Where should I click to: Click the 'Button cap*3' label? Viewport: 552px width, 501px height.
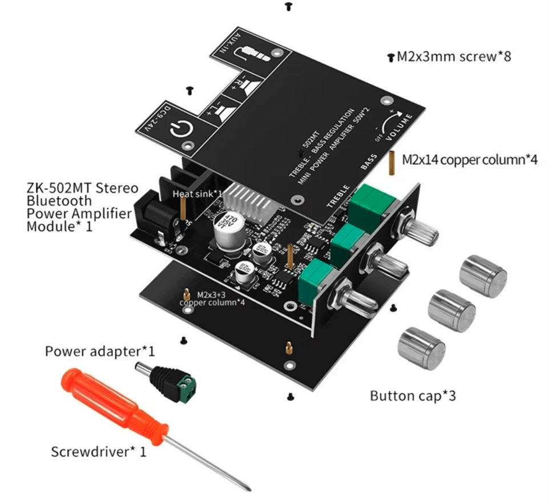click(412, 395)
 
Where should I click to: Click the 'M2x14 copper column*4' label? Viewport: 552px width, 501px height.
click(470, 160)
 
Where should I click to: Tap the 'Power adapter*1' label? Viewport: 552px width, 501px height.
click(100, 350)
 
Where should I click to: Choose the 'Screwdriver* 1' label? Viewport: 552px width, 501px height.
click(99, 452)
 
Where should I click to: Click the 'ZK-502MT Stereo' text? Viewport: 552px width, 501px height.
click(82, 188)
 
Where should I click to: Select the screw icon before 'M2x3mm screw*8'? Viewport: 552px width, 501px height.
click(390, 57)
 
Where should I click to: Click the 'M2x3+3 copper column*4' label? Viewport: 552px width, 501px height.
click(212, 298)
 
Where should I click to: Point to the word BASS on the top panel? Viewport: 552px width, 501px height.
click(369, 162)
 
